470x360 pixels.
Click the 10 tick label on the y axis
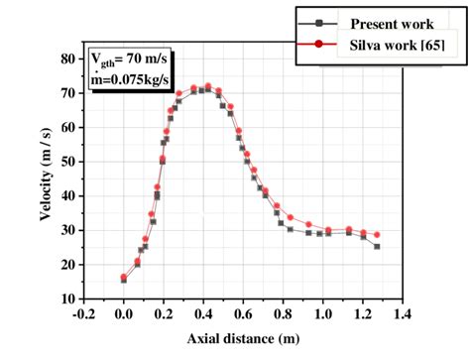(67, 299)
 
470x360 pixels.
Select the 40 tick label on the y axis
(67, 195)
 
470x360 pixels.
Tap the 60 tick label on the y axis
(67, 127)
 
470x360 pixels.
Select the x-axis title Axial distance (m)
(243, 340)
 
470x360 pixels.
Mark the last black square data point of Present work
(377, 246)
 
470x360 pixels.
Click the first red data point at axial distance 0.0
(124, 277)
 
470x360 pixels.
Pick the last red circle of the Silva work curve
(377, 235)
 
